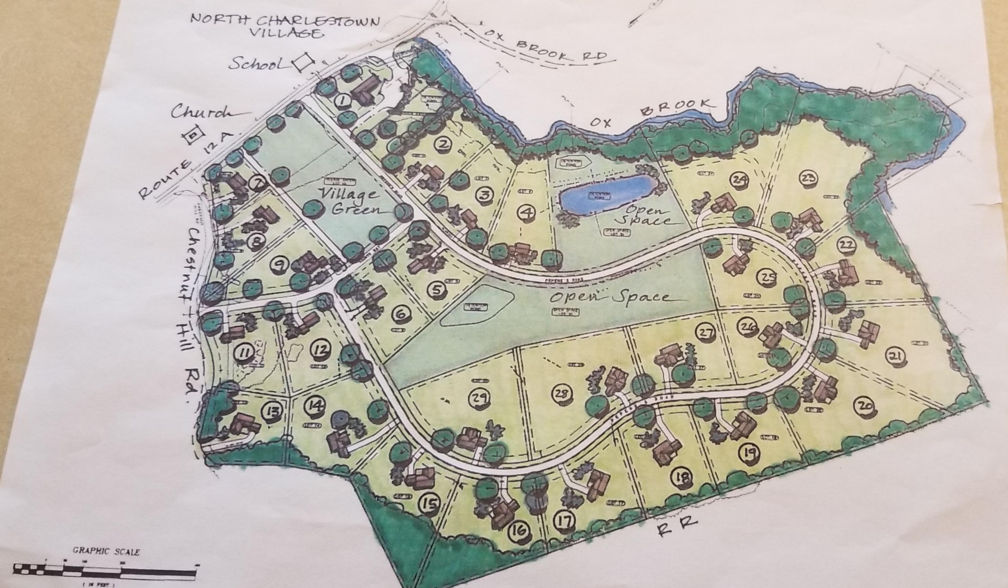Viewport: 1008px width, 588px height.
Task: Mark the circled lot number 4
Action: pyautogui.click(x=529, y=211)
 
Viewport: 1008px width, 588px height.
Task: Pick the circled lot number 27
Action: pyautogui.click(x=705, y=331)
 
